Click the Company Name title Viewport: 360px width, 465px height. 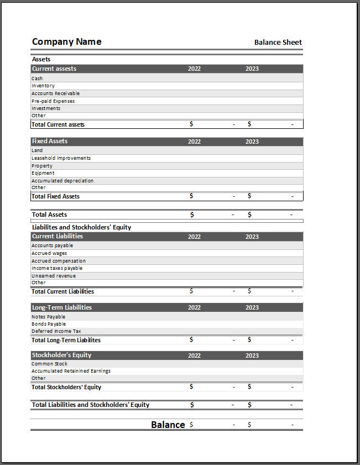[x=66, y=42]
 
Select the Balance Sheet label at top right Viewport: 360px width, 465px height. [x=278, y=43]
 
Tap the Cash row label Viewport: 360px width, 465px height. [x=37, y=79]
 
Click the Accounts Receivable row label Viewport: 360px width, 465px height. [x=55, y=93]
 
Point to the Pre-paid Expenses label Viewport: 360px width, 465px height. [x=53, y=101]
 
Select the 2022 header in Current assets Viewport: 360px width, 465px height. [x=194, y=69]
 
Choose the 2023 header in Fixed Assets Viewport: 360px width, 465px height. [x=252, y=142]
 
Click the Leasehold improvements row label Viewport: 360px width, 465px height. [x=61, y=158]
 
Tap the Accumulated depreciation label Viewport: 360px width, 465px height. [x=62, y=181]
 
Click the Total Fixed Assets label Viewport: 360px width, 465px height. [x=55, y=196]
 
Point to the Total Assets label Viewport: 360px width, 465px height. [x=49, y=215]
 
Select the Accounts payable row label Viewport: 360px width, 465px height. [x=52, y=245]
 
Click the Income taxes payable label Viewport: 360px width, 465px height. [x=57, y=268]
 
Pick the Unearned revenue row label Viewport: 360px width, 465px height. [x=54, y=276]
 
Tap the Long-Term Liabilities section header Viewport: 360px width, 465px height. [x=62, y=307]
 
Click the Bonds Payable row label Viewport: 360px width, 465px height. [x=49, y=324]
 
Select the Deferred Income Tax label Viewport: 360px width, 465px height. [x=56, y=331]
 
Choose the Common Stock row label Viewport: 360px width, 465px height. [x=49, y=364]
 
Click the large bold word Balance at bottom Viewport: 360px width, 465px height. [x=168, y=425]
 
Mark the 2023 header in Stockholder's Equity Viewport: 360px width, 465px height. [x=252, y=356]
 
